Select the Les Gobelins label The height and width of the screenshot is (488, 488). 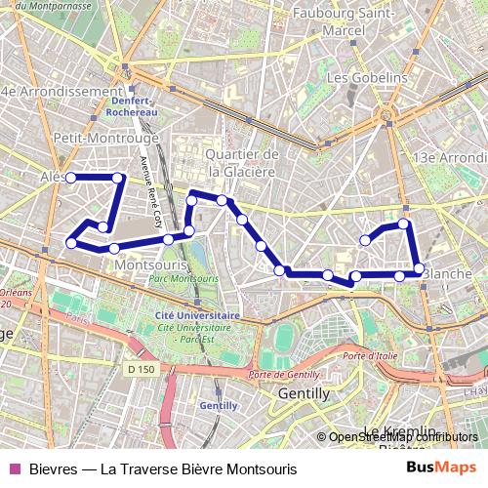[x=367, y=77]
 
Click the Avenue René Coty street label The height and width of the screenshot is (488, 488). [x=150, y=192]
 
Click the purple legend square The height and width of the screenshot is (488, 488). [x=14, y=468]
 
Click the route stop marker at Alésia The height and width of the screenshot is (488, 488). [x=70, y=178]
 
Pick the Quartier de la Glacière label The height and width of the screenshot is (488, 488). [x=243, y=163]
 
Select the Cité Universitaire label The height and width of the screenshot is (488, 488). [x=198, y=316]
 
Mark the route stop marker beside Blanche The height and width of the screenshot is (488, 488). [x=419, y=268]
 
